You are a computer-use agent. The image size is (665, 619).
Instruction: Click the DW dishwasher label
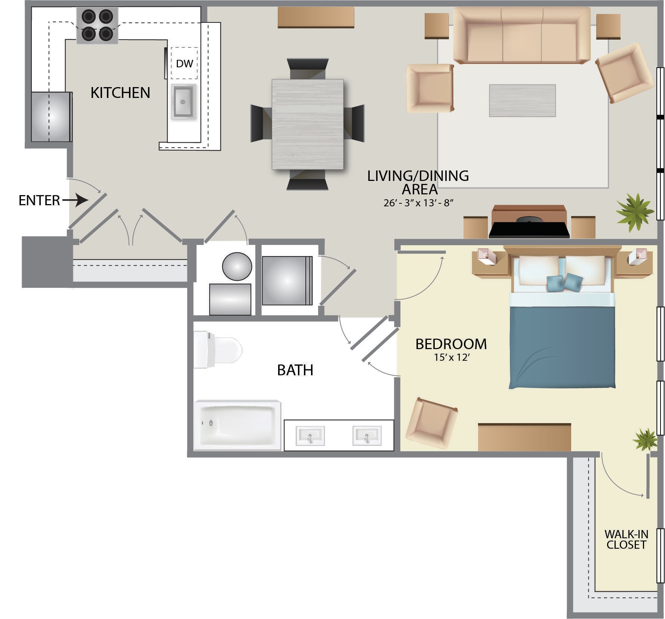[184, 64]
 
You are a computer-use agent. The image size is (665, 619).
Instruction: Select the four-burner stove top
[97, 25]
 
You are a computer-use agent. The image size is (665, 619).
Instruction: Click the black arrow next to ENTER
[76, 200]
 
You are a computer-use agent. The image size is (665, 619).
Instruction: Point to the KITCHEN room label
[120, 93]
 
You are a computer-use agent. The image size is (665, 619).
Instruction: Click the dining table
[308, 124]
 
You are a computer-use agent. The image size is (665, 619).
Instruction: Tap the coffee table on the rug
[522, 101]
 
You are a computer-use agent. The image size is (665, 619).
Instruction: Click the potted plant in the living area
[635, 212]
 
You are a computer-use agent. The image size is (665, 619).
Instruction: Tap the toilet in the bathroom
[217, 349]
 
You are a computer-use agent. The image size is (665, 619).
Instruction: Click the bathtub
[237, 425]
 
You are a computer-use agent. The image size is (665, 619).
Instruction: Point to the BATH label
[295, 370]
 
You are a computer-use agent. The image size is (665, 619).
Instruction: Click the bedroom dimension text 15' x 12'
[452, 357]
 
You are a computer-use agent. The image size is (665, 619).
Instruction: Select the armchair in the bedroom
[431, 424]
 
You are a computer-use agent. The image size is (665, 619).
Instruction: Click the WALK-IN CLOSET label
[626, 539]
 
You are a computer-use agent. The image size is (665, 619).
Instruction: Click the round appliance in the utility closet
[237, 267]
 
